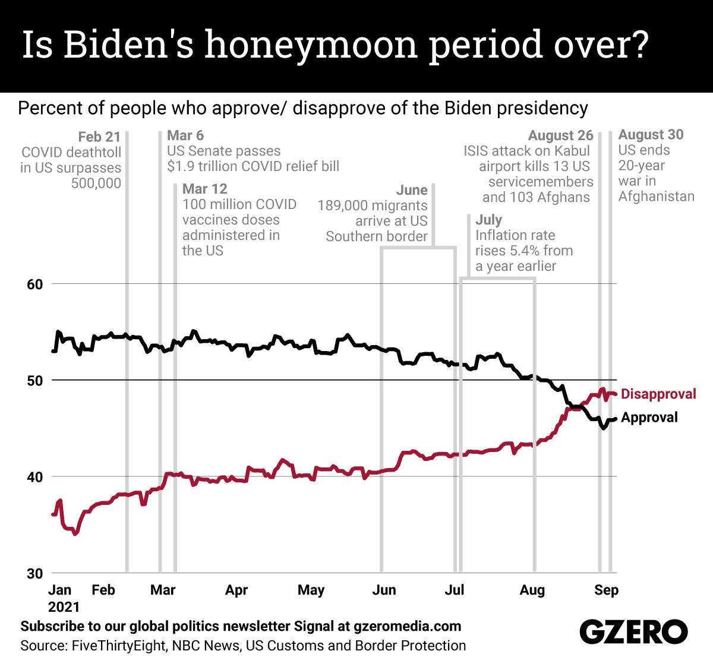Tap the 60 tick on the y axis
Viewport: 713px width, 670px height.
pyautogui.click(x=35, y=284)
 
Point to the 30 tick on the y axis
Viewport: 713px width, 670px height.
pyautogui.click(x=35, y=574)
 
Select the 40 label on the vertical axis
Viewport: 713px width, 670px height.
pyautogui.click(x=35, y=477)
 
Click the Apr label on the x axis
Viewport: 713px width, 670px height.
pyautogui.click(x=236, y=590)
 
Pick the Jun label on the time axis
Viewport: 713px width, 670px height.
pyautogui.click(x=384, y=590)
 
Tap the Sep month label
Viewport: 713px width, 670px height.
pyautogui.click(x=606, y=590)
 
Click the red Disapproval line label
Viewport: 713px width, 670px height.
pyautogui.click(x=658, y=394)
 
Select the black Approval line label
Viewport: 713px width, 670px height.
pyautogui.click(x=649, y=418)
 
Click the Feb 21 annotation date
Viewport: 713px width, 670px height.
pyautogui.click(x=99, y=137)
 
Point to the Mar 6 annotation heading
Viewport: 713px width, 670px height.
pyautogui.click(x=185, y=135)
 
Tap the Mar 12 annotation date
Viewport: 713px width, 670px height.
pyautogui.click(x=205, y=189)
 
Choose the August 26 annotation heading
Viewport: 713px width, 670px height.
pyautogui.click(x=560, y=136)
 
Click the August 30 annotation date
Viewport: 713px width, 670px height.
pyautogui.click(x=651, y=135)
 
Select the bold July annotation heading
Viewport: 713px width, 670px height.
pyautogui.click(x=488, y=220)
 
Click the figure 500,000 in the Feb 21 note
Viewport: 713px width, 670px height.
pyautogui.click(x=96, y=183)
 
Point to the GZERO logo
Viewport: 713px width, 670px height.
pyautogui.click(x=633, y=632)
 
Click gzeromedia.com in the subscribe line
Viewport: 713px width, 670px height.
pyautogui.click(x=407, y=626)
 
